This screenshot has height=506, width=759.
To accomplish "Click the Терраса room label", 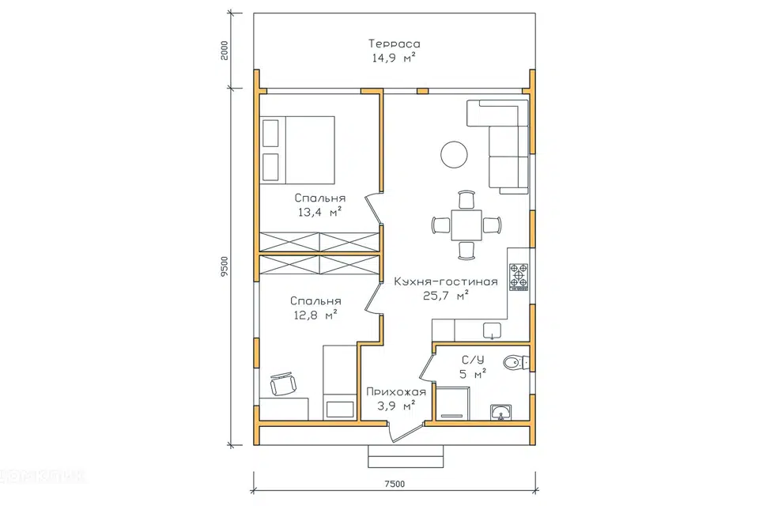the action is point(395,43).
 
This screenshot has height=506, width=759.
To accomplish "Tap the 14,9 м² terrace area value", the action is point(394,58).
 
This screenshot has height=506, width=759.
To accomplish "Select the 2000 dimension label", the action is point(224,51).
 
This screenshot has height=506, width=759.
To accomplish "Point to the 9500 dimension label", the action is point(224,266).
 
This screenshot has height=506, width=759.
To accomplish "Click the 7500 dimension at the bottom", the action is point(395,484).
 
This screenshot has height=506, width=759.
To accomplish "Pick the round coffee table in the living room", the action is point(454,154).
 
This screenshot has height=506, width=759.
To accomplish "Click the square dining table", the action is point(466,225).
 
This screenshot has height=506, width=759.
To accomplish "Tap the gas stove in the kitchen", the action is point(519,277).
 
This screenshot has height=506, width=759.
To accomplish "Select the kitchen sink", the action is point(493,330).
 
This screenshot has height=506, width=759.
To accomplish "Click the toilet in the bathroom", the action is point(515,362).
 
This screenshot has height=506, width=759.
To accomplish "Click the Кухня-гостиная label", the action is point(445,281).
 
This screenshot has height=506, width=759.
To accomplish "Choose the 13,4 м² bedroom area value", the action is point(320,212).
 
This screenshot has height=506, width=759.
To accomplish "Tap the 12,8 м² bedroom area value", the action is point(315,315).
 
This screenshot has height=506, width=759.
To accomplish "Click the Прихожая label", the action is point(396,391).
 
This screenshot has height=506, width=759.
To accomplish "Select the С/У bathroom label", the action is point(473,360).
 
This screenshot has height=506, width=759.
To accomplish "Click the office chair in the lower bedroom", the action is point(283,384).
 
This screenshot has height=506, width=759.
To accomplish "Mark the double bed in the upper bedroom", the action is point(297,149).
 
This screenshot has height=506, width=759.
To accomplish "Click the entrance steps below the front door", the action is point(406,456).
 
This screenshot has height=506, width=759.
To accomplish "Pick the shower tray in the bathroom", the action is point(452,402).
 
